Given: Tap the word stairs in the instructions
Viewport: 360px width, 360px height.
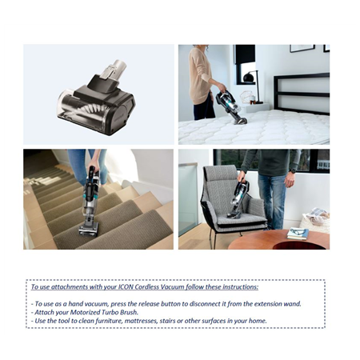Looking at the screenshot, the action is click(x=167, y=321).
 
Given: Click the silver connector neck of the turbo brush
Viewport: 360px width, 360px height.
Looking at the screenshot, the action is click(x=113, y=70).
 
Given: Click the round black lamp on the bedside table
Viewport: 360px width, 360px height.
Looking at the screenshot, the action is click(x=248, y=78).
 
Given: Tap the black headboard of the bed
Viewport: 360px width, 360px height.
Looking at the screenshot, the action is click(x=302, y=94).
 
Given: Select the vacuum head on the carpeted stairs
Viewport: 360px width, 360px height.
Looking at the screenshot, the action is click(x=89, y=230).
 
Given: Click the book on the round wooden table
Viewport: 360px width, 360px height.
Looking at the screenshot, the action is click(x=298, y=234).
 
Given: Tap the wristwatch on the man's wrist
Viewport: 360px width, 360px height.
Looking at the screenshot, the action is click(x=293, y=170).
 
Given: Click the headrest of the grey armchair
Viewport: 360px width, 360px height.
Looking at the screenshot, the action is click(x=220, y=174).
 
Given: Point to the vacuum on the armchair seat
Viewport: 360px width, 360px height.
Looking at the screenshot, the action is click(x=238, y=199).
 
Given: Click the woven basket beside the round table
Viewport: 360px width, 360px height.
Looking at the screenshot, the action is click(x=315, y=220).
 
